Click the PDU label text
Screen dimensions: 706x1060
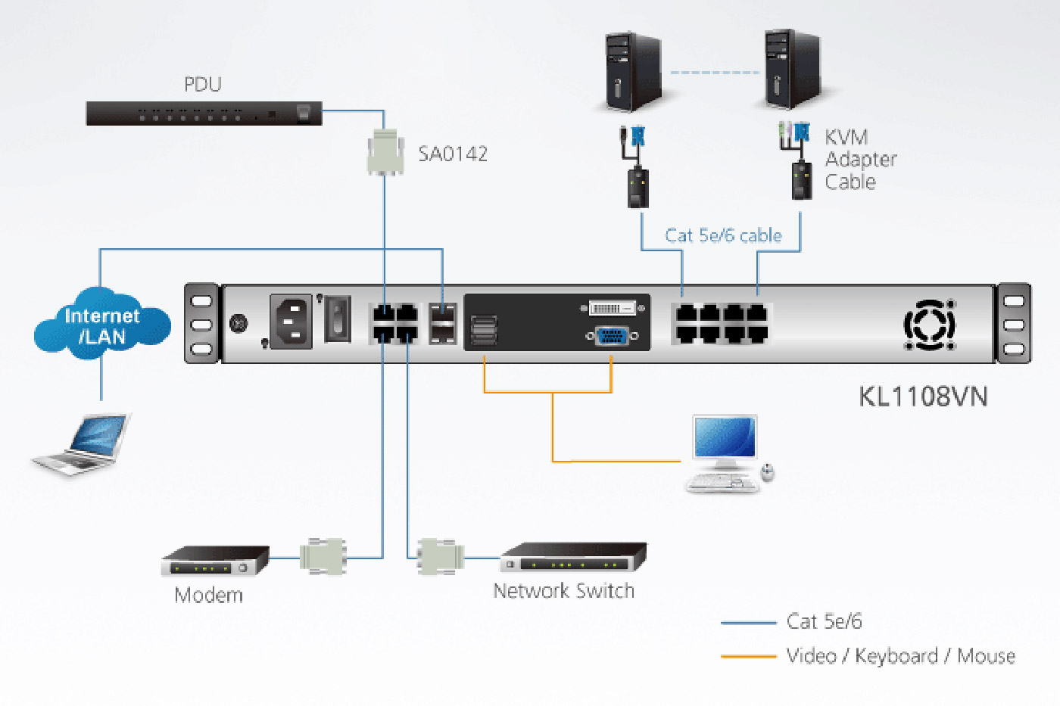click(x=203, y=84)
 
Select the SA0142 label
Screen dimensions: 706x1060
click(x=453, y=154)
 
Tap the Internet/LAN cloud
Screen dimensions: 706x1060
click(x=102, y=325)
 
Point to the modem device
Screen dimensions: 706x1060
click(x=215, y=561)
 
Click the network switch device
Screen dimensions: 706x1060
click(x=573, y=558)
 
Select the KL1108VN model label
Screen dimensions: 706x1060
click(x=923, y=397)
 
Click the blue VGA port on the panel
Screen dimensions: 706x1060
click(x=613, y=335)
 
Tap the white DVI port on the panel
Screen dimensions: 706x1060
click(x=613, y=308)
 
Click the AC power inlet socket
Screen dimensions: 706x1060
click(x=291, y=322)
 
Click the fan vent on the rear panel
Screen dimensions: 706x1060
click(x=930, y=325)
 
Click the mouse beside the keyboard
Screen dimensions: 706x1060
click(x=768, y=473)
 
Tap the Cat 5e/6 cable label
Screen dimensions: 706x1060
click(x=723, y=235)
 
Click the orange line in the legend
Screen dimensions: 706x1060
click(x=748, y=656)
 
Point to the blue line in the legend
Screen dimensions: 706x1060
click(x=748, y=623)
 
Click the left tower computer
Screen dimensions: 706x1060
click(x=632, y=72)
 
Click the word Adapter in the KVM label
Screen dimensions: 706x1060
click(x=861, y=160)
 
